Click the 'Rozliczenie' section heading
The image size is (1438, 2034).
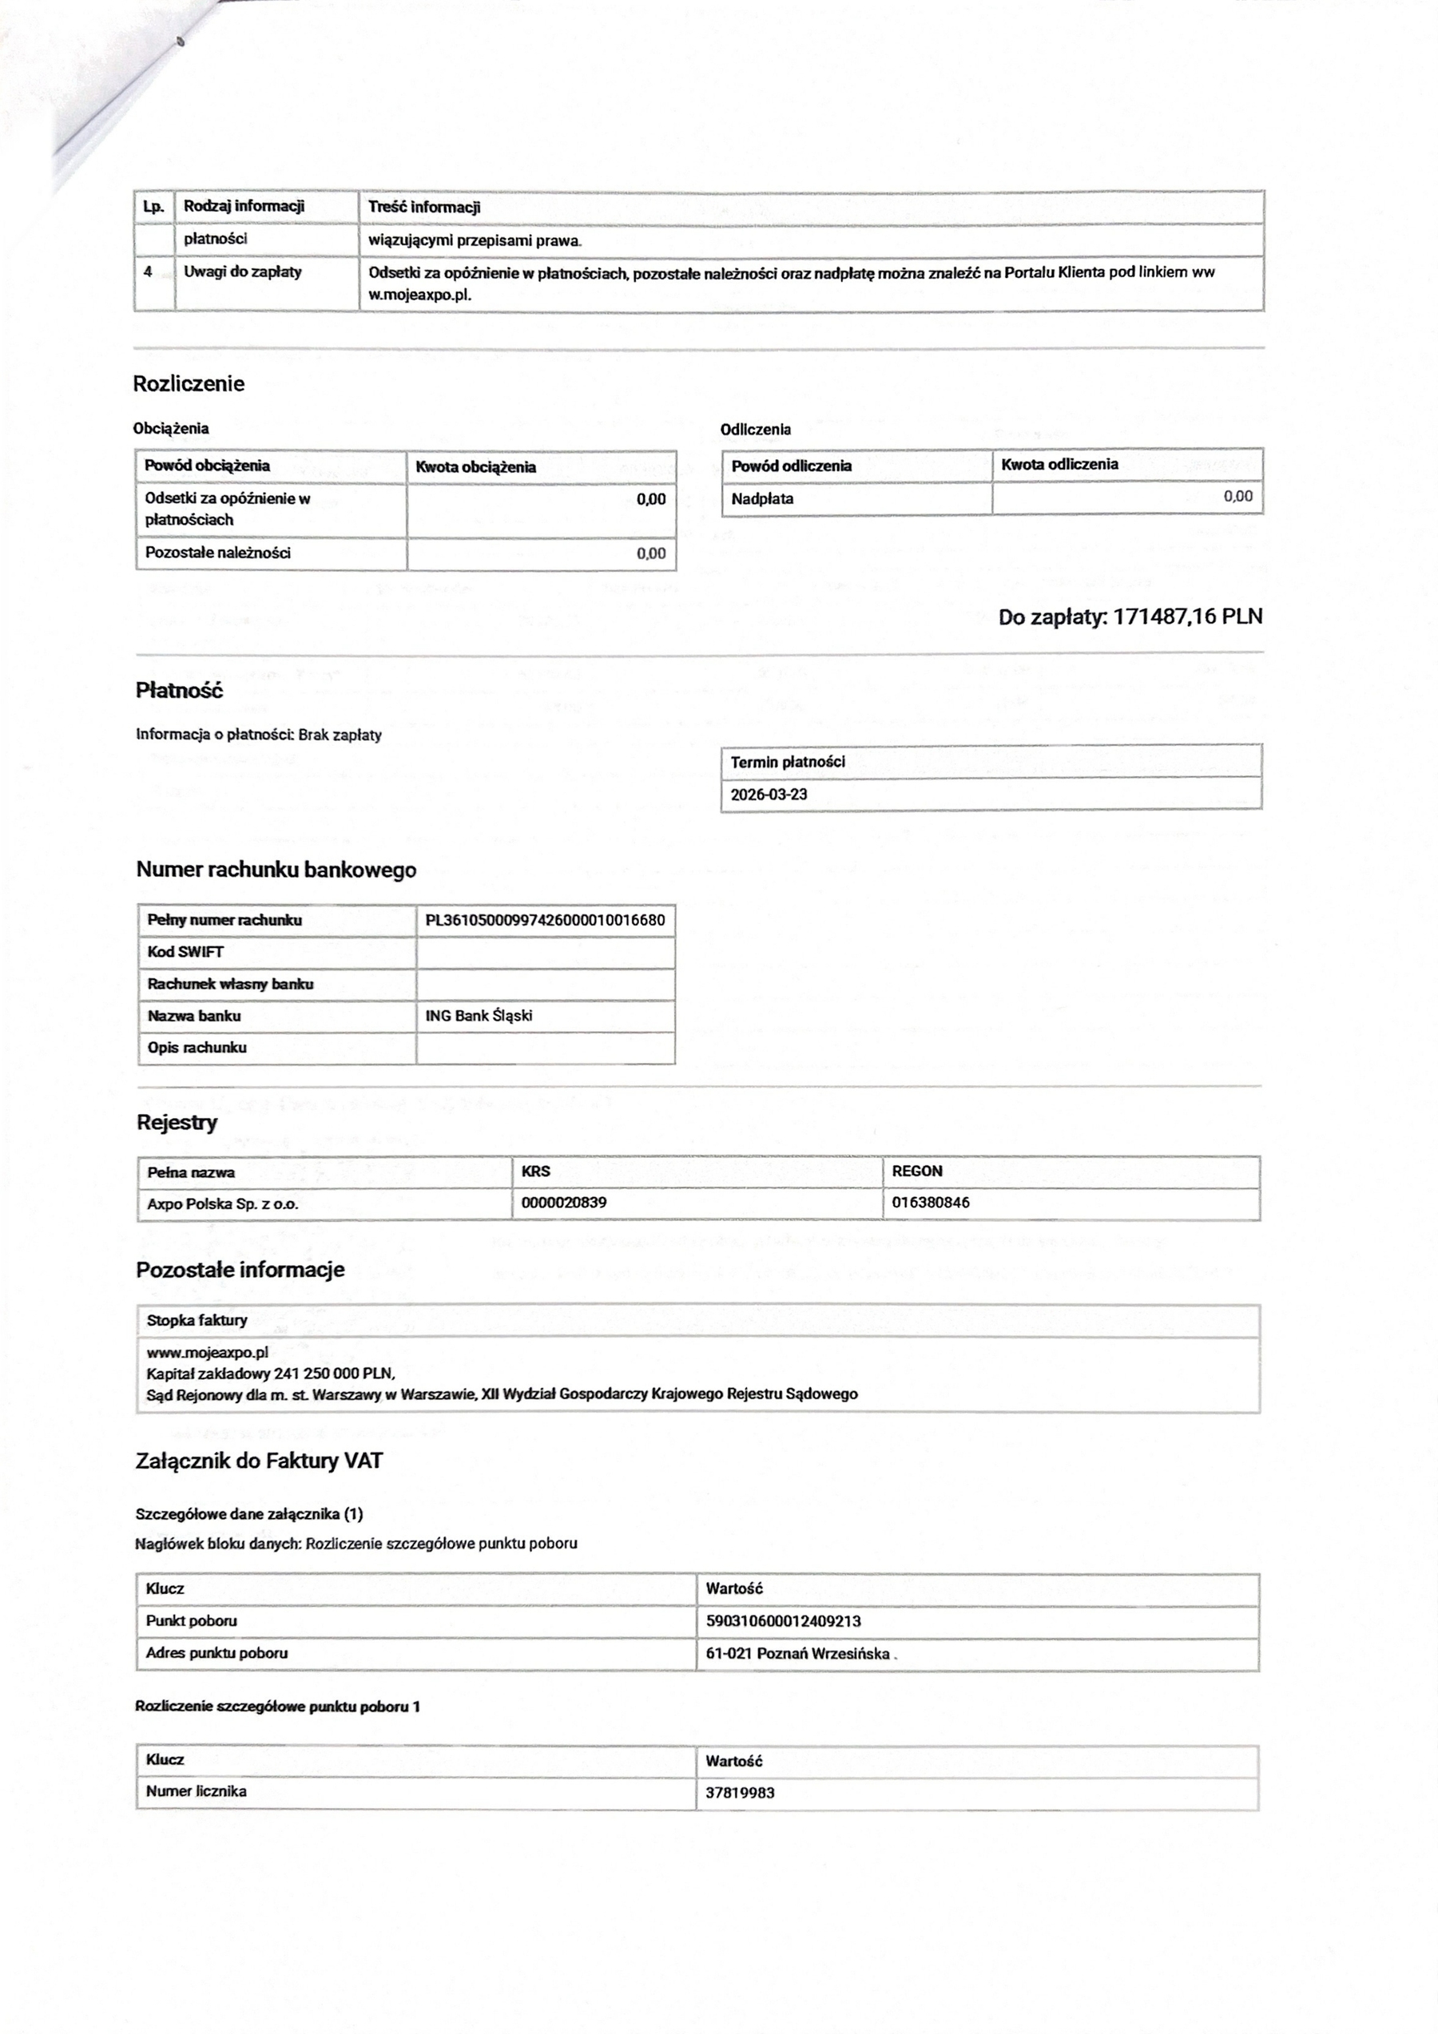click(x=188, y=383)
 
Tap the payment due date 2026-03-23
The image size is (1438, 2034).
click(x=769, y=794)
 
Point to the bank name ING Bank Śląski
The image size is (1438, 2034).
click(x=479, y=1015)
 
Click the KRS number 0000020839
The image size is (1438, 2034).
click(x=563, y=1202)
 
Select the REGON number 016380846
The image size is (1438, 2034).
click(x=931, y=1202)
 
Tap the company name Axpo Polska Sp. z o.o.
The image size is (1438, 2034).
click(x=222, y=1204)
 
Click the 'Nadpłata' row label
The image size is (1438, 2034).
click(x=762, y=499)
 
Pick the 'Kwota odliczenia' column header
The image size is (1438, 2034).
click(x=1059, y=464)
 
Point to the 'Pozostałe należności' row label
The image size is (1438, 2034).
click(x=217, y=553)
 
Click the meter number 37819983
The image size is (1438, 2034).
click(x=740, y=1792)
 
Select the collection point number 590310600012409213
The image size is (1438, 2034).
click(x=783, y=1620)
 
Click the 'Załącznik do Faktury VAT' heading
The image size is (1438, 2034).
click(x=259, y=1461)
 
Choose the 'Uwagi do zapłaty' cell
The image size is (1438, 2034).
click(x=242, y=272)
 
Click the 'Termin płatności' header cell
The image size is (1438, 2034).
click(x=788, y=762)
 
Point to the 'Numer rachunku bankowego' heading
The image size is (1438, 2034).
click(x=276, y=870)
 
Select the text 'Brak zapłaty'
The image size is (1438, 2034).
click(x=340, y=735)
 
